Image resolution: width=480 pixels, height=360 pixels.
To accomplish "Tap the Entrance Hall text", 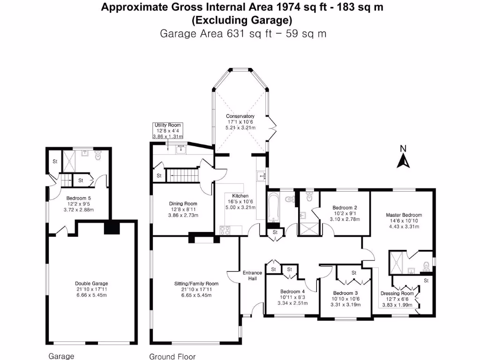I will [252, 276].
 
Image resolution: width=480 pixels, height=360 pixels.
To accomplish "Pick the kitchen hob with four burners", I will [225, 230].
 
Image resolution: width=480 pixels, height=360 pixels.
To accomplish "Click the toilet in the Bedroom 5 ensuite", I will [98, 155].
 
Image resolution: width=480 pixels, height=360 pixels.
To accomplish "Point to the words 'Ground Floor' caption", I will [172, 356].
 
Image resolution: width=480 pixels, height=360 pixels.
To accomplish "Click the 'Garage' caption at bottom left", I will [61, 356].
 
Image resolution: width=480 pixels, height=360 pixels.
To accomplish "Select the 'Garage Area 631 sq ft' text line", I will [243, 34].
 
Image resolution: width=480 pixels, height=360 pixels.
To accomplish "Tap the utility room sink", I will [180, 150].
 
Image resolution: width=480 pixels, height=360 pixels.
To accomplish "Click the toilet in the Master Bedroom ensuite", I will [426, 266].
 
